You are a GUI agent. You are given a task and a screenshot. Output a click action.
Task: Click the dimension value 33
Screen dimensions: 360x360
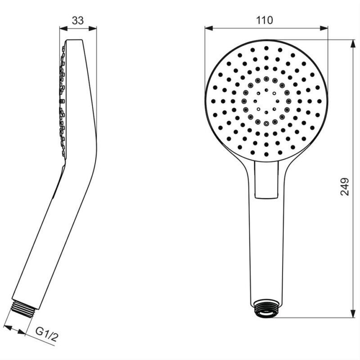tap(78, 20)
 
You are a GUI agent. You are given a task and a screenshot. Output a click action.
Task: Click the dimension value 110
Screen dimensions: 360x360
tap(265, 20)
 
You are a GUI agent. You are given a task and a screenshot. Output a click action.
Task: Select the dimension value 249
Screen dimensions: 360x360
tap(344, 186)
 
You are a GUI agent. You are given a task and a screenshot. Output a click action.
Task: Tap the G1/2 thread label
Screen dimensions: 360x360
tap(47, 334)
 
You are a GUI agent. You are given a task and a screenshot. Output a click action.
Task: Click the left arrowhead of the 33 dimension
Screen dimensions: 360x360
tap(63, 28)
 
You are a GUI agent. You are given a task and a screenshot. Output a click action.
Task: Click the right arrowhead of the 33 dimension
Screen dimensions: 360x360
tap(93, 28)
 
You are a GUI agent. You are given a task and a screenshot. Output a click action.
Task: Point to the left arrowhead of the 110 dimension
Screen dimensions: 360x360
tap(209, 28)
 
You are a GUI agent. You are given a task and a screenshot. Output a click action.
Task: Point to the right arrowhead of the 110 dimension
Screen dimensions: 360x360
tap(324, 28)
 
